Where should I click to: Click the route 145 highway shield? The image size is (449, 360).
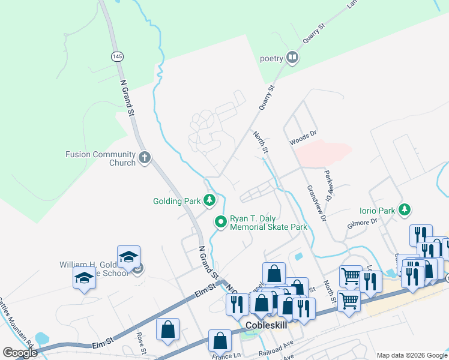tap(117, 56)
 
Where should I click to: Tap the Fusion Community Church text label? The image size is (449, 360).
tap(100, 158)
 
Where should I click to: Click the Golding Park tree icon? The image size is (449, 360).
tap(209, 200)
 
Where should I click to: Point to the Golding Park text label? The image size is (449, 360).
tap(175, 201)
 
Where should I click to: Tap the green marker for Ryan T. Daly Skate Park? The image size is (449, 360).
tap(221, 222)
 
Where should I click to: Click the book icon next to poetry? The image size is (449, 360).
tap(292, 58)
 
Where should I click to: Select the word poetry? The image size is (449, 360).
tap(271, 59)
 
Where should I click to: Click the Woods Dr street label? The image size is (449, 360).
tap(303, 140)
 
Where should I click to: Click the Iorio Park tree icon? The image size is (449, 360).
tap(405, 209)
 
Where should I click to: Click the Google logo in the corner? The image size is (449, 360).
tap(20, 353)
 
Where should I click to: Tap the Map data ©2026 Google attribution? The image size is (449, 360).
tap(411, 355)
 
